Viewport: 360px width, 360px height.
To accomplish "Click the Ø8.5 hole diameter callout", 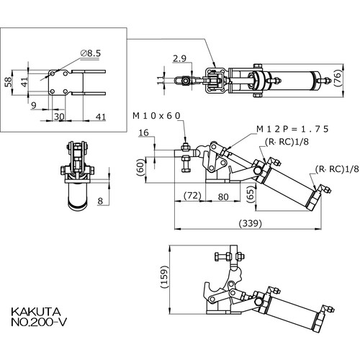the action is pos(91,53).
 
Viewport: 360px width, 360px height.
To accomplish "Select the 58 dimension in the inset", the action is pos(8,82).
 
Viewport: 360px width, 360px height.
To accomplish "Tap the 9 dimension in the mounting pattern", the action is pos(34,105).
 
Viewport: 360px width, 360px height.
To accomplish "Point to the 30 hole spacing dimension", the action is pos(59,117).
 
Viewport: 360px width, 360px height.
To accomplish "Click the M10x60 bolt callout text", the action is pos(156,116).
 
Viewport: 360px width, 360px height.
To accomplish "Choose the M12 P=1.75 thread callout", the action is pos(292,129).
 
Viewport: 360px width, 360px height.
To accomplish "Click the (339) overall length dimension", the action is pos(250,223).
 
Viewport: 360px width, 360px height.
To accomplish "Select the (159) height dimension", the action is pos(164,277).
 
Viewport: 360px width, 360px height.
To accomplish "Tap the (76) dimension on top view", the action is pos(338,78).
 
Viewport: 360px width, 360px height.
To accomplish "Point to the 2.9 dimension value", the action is pos(179,58).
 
